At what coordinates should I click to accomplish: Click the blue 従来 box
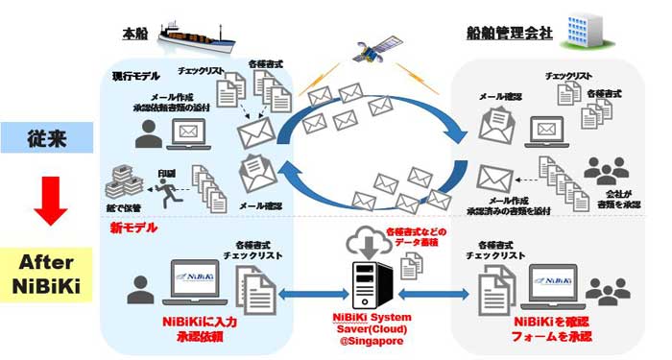click(45, 137)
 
